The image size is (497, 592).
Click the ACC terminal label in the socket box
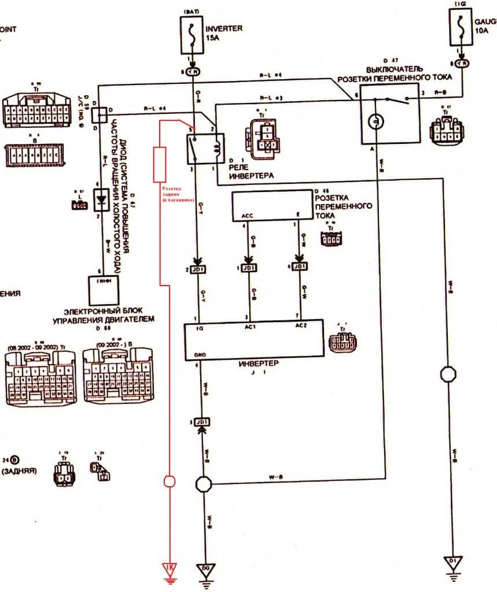pyautogui.click(x=246, y=217)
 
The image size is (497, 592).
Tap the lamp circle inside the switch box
pyautogui.click(x=377, y=121)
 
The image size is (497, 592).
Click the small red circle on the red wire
pyautogui.click(x=170, y=480)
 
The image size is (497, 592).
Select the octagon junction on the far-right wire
pyautogui.click(x=449, y=374)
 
